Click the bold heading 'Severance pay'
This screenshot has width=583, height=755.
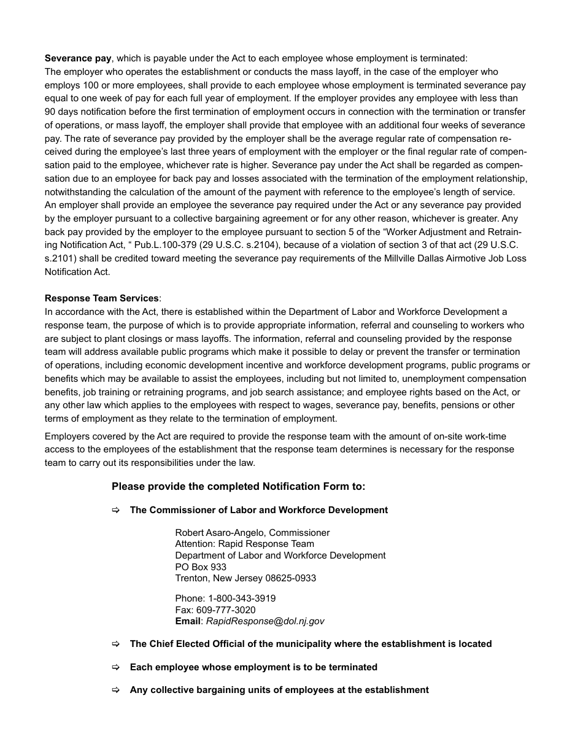78,58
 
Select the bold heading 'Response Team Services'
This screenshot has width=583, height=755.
101,298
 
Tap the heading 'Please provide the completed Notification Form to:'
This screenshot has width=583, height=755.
238,487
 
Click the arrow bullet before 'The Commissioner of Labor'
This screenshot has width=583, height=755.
115,510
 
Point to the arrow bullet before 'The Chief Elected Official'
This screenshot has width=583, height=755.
115,644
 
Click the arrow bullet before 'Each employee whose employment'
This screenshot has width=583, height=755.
115,667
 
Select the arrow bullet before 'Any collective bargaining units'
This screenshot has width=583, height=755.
115,690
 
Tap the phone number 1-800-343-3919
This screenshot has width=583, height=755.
242,598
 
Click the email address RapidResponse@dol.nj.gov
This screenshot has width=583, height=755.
265,621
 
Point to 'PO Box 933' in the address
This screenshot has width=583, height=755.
201,567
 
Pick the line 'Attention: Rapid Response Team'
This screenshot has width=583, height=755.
244,544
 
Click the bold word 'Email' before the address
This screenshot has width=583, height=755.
188,621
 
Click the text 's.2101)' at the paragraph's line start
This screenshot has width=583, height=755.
60,258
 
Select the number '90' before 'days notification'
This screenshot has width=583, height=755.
50,112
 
